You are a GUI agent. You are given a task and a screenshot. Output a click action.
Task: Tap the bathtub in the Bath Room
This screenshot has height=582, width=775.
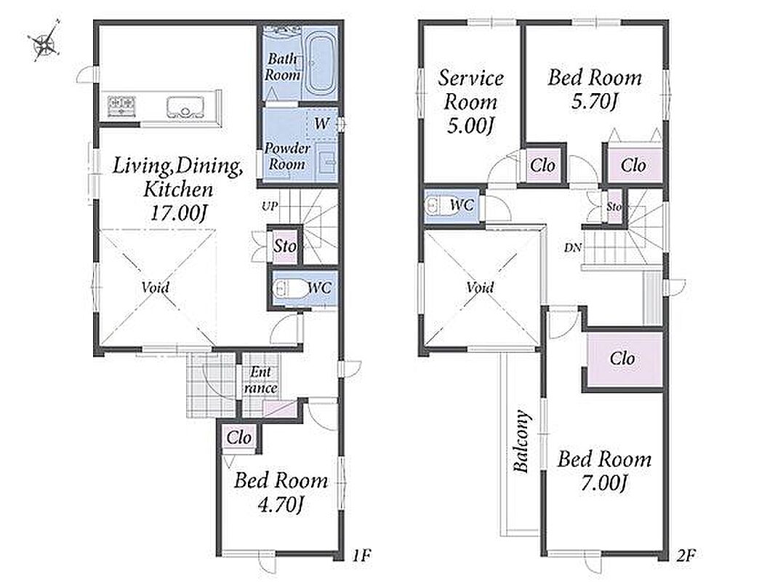(319, 65)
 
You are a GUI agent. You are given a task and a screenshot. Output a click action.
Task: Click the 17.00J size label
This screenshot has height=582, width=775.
(178, 213)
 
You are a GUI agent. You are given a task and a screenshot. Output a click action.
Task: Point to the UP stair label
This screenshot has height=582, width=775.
(270, 206)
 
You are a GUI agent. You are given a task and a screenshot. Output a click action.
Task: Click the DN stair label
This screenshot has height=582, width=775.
(574, 248)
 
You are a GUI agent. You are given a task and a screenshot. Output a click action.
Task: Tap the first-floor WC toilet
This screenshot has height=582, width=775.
(288, 289)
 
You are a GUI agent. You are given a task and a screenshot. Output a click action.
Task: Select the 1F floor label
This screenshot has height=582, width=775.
(361, 556)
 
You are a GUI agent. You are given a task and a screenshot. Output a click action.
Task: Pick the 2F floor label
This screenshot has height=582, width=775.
(686, 556)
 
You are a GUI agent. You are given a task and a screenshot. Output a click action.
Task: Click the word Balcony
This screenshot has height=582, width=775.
(521, 441)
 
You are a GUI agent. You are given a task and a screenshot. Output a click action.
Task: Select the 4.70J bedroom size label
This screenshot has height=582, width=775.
(280, 504)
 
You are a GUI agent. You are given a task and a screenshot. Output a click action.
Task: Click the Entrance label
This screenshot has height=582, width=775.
(260, 380)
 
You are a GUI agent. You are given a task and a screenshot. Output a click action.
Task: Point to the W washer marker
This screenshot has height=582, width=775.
(322, 123)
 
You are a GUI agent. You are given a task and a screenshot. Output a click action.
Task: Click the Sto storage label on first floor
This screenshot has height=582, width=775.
(285, 245)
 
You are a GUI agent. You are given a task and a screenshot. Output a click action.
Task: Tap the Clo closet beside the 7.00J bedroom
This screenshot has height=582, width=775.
(622, 359)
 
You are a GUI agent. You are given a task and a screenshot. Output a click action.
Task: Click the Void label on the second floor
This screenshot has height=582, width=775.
(480, 287)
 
